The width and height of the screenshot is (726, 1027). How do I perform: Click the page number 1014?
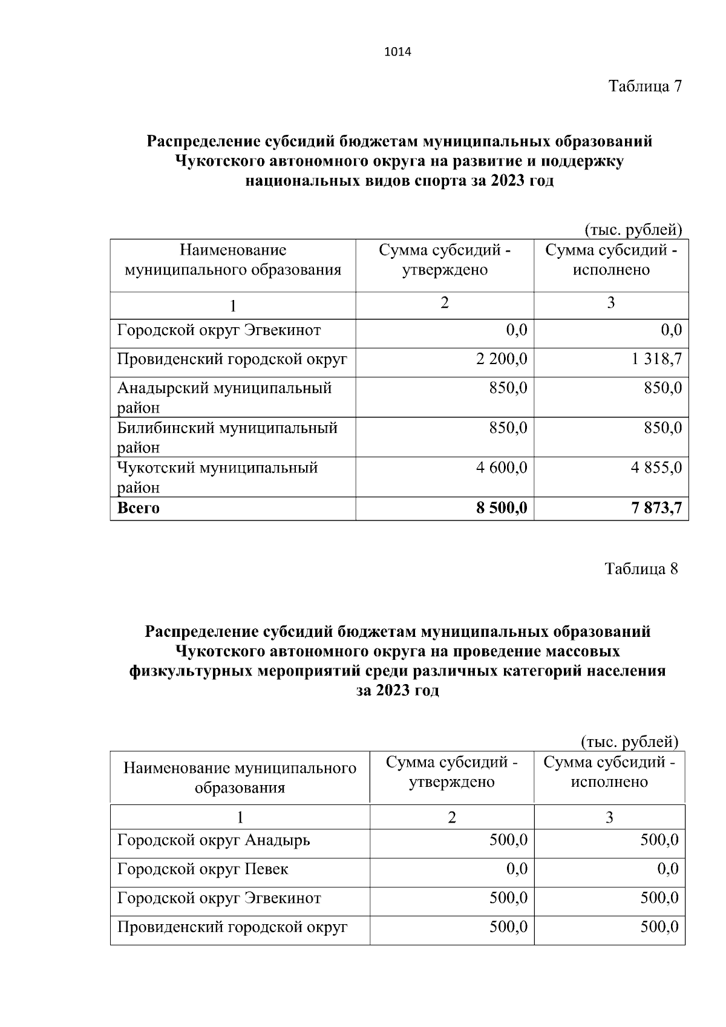(397, 52)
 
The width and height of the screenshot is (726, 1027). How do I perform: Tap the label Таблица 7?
(645, 86)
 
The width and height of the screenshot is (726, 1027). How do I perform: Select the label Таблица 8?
(641, 569)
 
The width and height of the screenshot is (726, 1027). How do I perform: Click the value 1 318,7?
(657, 359)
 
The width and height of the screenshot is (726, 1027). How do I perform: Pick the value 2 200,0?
(502, 359)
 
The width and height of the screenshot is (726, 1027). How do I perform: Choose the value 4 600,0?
(502, 468)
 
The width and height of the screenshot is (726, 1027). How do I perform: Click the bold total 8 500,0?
(502, 508)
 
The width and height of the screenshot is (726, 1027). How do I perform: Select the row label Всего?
(139, 508)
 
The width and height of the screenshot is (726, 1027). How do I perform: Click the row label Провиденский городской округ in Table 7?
(232, 359)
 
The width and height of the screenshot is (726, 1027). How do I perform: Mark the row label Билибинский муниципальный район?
(227, 437)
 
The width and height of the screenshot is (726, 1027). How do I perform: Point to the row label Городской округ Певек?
(203, 869)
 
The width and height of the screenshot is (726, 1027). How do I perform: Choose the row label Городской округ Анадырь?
(214, 840)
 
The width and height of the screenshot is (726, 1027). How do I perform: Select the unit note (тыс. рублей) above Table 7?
(633, 230)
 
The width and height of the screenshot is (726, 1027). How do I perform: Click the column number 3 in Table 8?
(609, 818)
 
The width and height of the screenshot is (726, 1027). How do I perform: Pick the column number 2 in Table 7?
(445, 303)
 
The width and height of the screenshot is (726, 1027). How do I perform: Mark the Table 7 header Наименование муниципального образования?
(233, 260)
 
